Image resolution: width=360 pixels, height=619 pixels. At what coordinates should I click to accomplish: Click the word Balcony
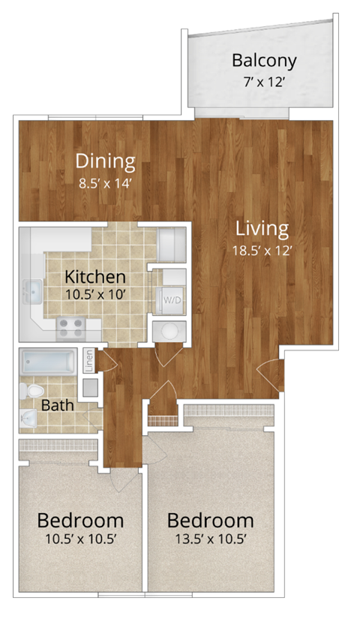click(x=264, y=61)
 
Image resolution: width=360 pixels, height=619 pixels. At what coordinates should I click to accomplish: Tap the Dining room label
click(x=106, y=161)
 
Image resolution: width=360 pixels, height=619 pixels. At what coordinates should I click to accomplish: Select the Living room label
click(x=261, y=228)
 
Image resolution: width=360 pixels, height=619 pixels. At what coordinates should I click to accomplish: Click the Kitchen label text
click(x=94, y=277)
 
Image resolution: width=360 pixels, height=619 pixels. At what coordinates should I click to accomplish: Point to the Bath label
click(x=56, y=406)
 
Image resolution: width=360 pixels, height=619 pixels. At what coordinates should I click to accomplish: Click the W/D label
click(x=172, y=298)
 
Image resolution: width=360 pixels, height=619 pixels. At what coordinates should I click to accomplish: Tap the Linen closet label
click(x=88, y=362)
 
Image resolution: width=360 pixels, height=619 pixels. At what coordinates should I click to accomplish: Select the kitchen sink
click(x=33, y=289)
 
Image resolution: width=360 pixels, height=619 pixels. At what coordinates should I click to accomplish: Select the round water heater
click(x=167, y=330)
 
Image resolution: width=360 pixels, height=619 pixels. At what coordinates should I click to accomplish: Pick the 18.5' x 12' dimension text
click(x=261, y=251)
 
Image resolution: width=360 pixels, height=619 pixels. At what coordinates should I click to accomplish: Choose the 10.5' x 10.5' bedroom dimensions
click(x=80, y=539)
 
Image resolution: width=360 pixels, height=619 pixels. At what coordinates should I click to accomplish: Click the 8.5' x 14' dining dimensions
click(x=106, y=181)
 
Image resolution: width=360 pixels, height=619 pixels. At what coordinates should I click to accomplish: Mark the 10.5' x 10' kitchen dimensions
click(x=94, y=295)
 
